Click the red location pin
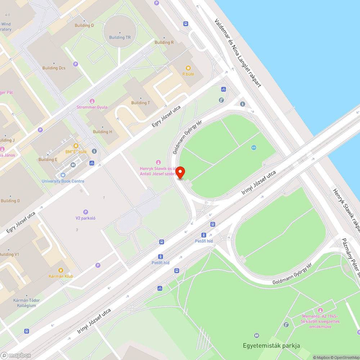tap(180, 172)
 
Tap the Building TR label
tap(120, 37)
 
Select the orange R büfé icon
tap(188, 68)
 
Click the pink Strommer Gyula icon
tap(92, 101)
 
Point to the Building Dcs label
tap(54, 68)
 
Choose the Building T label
tap(140, 103)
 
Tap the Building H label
tap(102, 132)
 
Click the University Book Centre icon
tap(63, 175)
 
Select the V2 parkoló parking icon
tap(85, 212)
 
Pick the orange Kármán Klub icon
tap(61, 270)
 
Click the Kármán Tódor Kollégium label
tap(27, 303)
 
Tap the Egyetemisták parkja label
tap(271, 346)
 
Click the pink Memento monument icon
tap(320, 310)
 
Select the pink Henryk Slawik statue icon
tap(158, 162)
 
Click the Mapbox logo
tap(16, 355)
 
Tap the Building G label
tap(10, 201)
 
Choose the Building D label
tap(84, 26)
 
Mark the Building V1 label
tap(9, 255)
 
